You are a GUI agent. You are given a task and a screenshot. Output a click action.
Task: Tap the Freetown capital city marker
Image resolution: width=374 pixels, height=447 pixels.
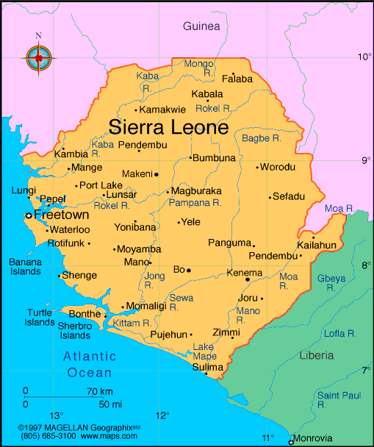point(29,215)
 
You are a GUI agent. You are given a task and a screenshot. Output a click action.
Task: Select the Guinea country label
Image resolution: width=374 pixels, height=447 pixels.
point(201,26)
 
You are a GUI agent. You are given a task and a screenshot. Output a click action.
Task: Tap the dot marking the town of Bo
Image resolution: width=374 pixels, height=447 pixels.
point(189,270)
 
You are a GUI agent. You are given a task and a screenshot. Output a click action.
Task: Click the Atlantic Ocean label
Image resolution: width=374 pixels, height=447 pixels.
point(89,365)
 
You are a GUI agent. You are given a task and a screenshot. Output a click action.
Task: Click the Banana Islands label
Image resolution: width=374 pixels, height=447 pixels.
point(25,266)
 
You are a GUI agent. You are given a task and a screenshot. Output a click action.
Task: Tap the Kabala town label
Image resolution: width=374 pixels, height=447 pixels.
point(206,94)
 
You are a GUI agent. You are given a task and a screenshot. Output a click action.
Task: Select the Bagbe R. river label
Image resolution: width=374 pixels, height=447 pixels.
point(261,137)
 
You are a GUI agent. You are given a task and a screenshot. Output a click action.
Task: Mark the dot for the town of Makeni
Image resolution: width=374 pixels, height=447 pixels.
point(157,174)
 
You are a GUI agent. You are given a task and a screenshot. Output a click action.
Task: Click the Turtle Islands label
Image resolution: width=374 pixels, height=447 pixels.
point(40,317)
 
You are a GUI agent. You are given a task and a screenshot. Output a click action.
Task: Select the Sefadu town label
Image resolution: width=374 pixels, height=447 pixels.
point(288,196)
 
